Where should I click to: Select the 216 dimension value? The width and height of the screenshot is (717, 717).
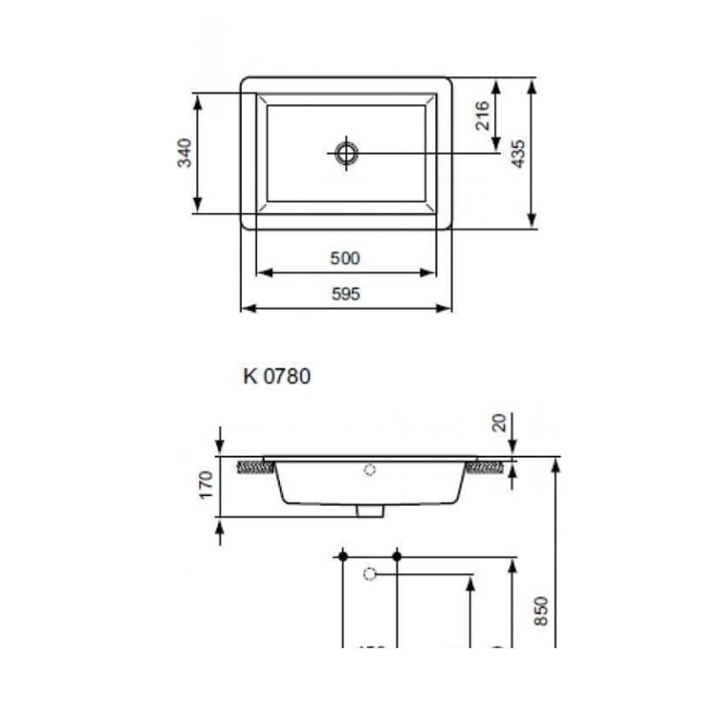[x=483, y=115]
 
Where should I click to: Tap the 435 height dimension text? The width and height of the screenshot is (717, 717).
[x=518, y=153]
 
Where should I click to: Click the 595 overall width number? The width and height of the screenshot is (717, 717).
[x=345, y=294]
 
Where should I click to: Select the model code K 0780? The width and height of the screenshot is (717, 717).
[x=276, y=377]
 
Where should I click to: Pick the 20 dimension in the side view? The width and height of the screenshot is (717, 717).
[x=499, y=422]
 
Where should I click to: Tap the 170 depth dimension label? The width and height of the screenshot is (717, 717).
[x=204, y=487]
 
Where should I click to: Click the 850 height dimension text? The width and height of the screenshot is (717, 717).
[x=541, y=610]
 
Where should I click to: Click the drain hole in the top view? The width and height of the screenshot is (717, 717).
[x=346, y=152]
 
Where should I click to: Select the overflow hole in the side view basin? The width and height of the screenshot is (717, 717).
[x=371, y=469]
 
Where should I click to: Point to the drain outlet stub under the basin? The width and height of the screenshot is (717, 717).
[x=369, y=511]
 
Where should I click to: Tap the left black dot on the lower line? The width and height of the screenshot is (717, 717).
[x=341, y=555]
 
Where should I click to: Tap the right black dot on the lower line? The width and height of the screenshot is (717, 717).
[x=397, y=555]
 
